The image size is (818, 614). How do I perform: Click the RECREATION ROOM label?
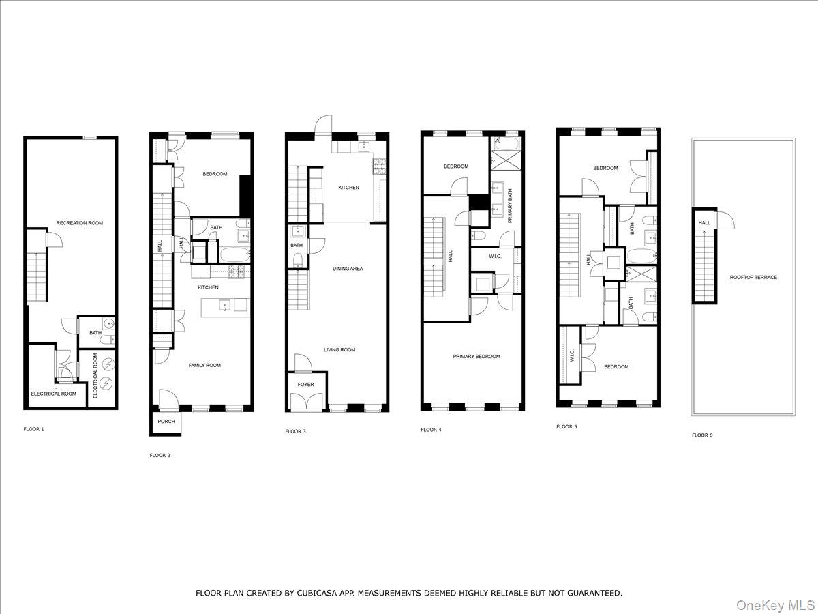80,223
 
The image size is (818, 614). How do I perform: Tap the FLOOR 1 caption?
33,429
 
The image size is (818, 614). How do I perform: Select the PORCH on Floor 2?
166,422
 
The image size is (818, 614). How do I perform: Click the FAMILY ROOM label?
204,366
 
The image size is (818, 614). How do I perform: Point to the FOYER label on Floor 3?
306,385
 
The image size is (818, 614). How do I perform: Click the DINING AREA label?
348,269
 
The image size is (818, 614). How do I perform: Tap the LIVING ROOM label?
339,350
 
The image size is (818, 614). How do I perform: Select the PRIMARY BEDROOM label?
476,356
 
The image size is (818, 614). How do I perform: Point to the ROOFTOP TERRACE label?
753,277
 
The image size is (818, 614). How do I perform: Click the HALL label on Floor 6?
704,222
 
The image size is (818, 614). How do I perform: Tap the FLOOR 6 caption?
702,435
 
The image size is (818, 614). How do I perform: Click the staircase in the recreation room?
37,276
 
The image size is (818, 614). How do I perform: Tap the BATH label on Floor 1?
95,333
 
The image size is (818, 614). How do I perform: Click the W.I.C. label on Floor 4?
496,257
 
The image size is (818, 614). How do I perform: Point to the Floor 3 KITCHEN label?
348,188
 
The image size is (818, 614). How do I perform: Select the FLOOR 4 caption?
431,430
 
